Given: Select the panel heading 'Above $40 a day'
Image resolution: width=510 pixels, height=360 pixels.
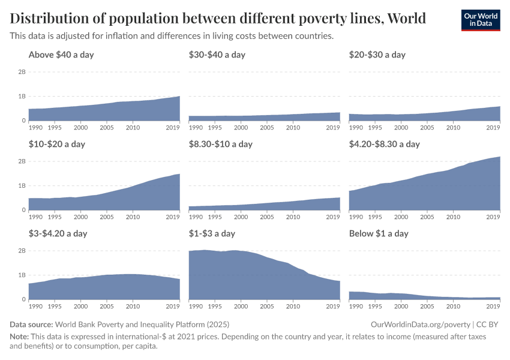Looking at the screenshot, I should point(61,55).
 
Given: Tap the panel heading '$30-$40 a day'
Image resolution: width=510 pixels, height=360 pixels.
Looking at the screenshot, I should point(217,55).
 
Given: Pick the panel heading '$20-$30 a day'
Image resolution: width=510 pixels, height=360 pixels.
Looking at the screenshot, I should point(377,55).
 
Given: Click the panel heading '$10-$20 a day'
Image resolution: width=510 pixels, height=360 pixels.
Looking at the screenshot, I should point(56,144).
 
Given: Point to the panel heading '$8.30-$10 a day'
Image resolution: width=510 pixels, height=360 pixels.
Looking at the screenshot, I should point(220,144).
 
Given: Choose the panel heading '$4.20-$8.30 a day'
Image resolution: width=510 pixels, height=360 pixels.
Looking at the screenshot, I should point(384,144).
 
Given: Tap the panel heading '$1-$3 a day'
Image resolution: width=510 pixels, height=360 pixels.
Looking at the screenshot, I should point(211,233).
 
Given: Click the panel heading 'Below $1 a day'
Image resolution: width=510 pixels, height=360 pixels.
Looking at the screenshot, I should point(379,233).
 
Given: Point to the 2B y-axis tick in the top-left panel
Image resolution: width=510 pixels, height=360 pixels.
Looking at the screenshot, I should point(21,72).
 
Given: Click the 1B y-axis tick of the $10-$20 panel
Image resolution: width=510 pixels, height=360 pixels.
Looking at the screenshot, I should point(21,186).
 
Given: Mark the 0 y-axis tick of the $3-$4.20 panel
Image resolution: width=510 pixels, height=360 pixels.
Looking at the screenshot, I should point(23,299).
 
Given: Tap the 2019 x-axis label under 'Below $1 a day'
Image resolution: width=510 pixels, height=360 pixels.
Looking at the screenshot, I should point(493,307).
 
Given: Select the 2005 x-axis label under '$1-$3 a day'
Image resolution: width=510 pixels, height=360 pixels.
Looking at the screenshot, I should point(267,307).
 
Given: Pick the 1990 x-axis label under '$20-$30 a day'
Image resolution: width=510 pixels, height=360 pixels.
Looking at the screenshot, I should point(356,128).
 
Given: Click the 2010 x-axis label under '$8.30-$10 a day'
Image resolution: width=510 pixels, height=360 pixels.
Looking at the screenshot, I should point(293,217).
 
